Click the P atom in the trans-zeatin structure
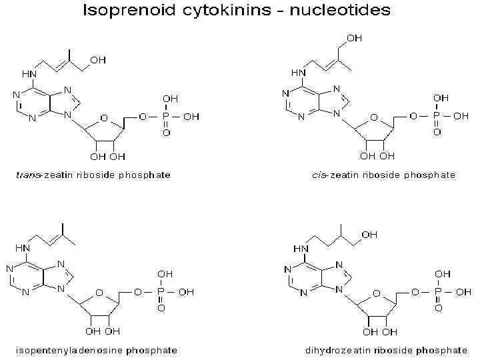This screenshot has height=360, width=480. (x=166, y=117)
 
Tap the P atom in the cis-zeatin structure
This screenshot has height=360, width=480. (x=437, y=116)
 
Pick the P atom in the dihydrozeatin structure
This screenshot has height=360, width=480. (x=437, y=291)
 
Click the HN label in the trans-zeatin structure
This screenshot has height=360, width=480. (x=29, y=73)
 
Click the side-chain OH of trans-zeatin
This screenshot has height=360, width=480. (x=98, y=60)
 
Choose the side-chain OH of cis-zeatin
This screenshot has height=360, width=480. (x=354, y=39)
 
